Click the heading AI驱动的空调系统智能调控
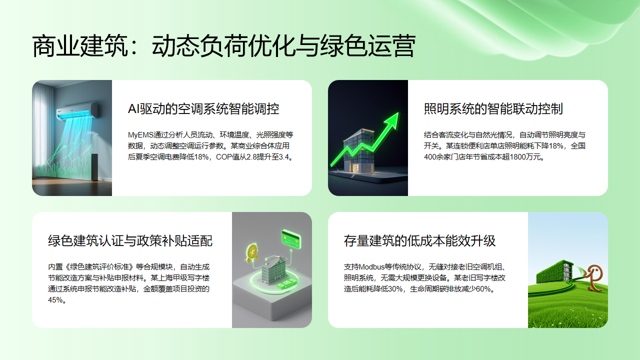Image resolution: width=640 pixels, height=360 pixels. pyautogui.click(x=203, y=108)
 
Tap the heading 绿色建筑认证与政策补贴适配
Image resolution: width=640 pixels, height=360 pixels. pyautogui.click(x=130, y=240)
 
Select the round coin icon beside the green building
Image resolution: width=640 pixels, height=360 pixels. pyautogui.click(x=254, y=250)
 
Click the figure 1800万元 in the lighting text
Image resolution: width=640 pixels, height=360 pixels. pyautogui.click(x=513, y=157)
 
